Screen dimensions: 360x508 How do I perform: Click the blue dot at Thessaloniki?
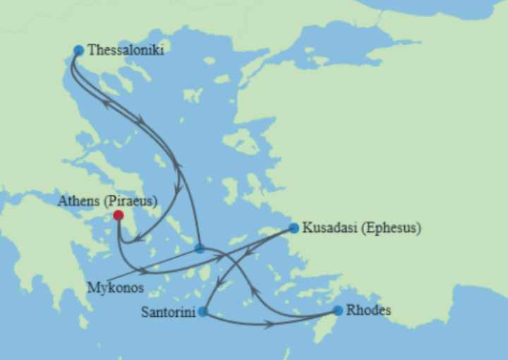(x=78, y=50)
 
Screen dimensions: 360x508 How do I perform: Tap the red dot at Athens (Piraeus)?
(x=119, y=215)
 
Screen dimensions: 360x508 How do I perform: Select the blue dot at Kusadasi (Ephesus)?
(x=294, y=228)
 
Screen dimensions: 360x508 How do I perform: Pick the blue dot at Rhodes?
(x=338, y=310)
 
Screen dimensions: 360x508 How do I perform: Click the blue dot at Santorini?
(x=203, y=311)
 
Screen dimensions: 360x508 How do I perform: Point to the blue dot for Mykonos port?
(x=200, y=248)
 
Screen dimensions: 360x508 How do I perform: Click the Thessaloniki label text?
(x=126, y=50)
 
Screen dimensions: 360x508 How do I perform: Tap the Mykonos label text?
(x=116, y=288)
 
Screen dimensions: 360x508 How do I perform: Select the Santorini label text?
(x=168, y=311)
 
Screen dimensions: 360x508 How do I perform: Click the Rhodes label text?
(x=368, y=310)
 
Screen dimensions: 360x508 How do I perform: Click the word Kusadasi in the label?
(x=329, y=228)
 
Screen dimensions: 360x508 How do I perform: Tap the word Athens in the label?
(x=78, y=200)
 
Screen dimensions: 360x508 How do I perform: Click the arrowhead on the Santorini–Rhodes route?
(x=269, y=325)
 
